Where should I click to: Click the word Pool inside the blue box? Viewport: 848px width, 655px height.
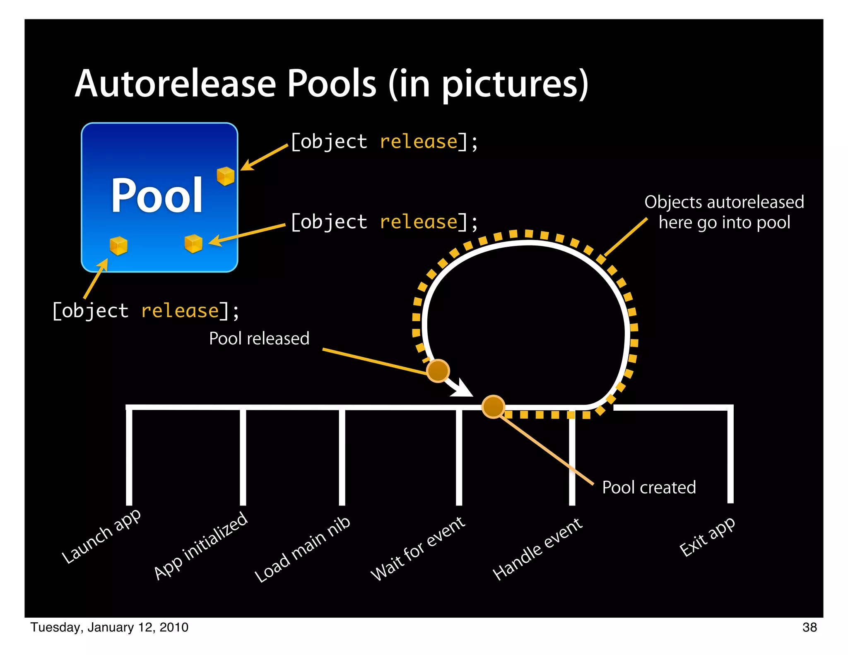click(157, 195)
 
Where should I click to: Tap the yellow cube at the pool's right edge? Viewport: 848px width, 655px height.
click(226, 176)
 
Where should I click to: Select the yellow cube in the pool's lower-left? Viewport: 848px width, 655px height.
click(118, 246)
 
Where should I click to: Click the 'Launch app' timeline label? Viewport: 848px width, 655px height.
click(101, 536)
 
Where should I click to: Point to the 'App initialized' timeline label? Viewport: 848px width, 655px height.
click(201, 546)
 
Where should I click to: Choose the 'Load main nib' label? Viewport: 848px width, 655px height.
click(303, 549)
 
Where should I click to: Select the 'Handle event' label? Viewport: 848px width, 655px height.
click(538, 549)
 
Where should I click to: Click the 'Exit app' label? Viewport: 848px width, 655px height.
click(707, 537)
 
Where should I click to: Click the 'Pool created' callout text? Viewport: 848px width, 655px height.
click(649, 487)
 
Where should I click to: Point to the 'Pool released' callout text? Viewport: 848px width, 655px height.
click(259, 339)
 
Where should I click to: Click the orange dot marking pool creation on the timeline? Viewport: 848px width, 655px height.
click(493, 407)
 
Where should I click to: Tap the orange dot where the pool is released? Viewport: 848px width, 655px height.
click(438, 370)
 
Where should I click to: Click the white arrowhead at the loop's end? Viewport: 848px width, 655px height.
click(464, 389)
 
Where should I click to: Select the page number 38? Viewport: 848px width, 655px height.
click(809, 627)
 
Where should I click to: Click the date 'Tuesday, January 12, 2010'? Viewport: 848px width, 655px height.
click(109, 627)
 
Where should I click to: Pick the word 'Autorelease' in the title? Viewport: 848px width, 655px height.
click(176, 84)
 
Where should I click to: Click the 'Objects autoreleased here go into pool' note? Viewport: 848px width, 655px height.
click(724, 212)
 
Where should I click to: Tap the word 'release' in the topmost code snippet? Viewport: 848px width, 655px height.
click(419, 142)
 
